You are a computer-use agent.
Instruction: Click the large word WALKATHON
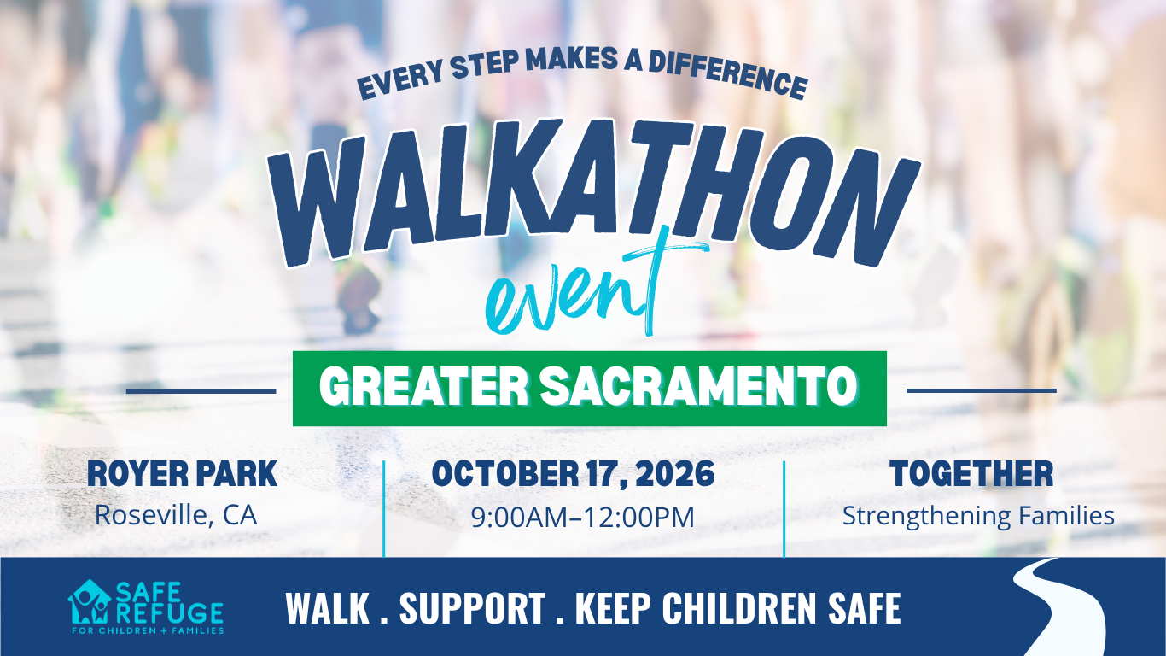click(593, 193)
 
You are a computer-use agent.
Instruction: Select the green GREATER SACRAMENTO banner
click(589, 389)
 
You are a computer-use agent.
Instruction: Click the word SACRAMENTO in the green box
click(698, 386)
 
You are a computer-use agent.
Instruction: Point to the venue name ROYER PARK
click(182, 473)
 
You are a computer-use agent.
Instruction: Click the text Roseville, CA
click(176, 515)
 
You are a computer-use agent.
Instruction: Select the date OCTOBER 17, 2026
click(573, 474)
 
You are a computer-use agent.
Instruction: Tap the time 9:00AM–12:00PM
click(582, 517)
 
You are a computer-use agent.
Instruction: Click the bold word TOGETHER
click(972, 473)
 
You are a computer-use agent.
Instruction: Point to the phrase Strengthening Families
click(978, 516)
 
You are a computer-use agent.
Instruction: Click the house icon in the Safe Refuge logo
click(90, 602)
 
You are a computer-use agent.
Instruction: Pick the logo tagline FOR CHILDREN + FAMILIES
click(148, 631)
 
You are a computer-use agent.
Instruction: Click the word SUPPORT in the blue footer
click(473, 607)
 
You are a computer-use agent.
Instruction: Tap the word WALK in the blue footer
click(328, 607)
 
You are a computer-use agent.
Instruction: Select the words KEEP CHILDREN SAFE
click(738, 607)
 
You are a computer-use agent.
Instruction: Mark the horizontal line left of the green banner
click(201, 391)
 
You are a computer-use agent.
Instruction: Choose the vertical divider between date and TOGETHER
click(784, 509)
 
